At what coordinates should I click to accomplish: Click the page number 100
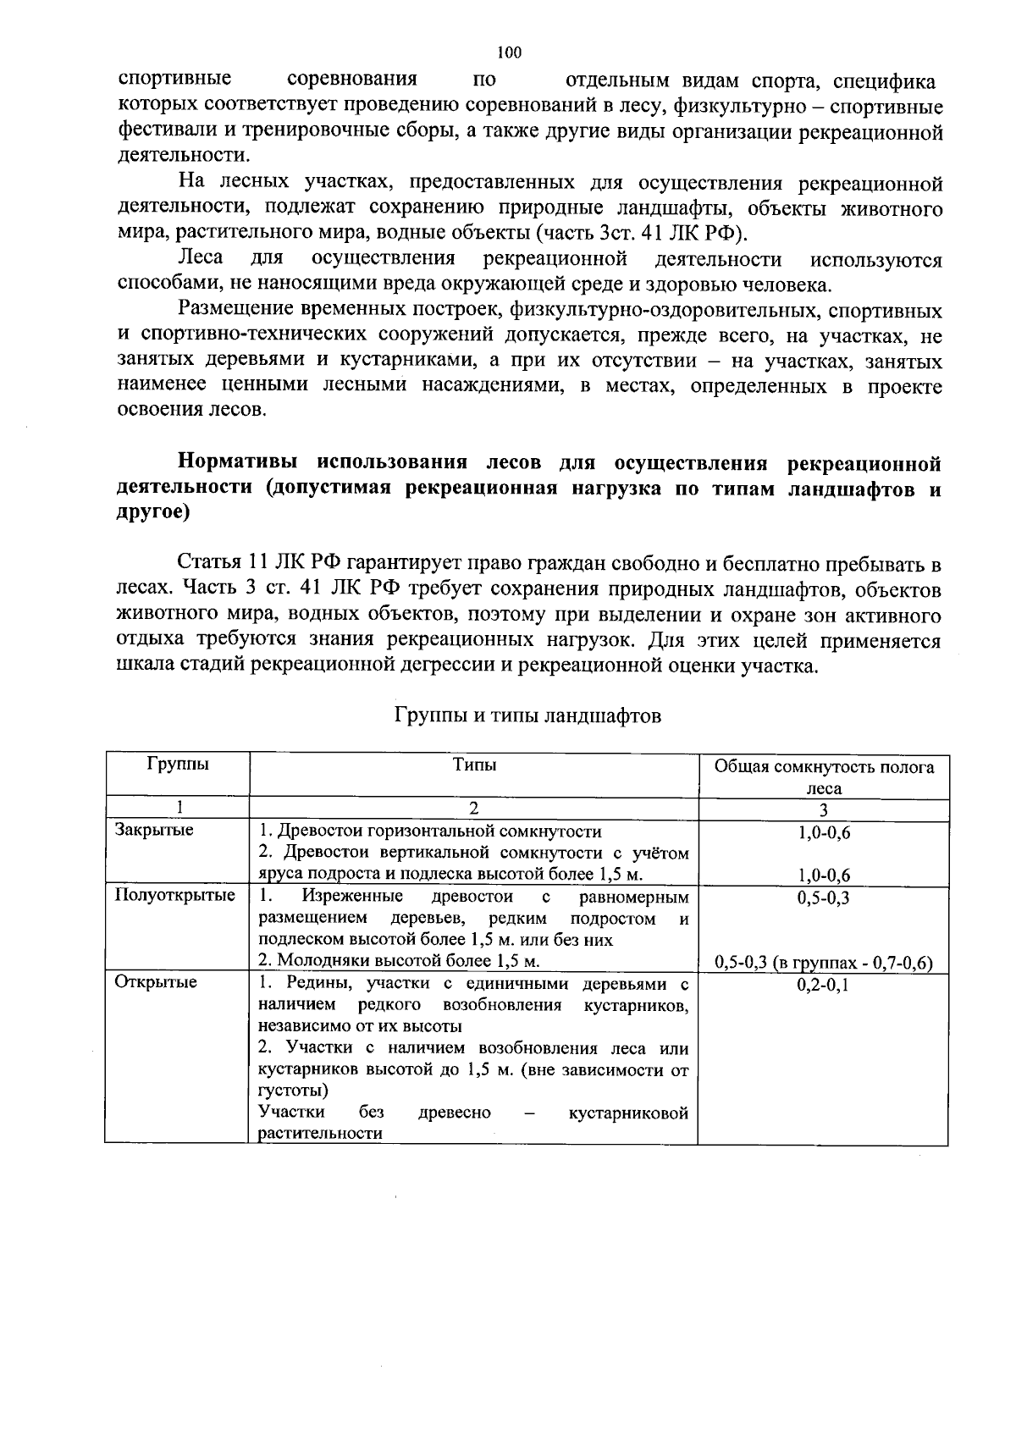pos(509,52)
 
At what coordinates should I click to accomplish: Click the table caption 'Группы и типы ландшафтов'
pos(527,716)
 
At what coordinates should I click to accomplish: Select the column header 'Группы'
pos(177,765)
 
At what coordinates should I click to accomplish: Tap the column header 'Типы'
pos(473,765)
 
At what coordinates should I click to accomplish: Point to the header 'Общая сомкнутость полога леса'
pos(823,776)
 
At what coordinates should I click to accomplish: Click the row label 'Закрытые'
pos(153,830)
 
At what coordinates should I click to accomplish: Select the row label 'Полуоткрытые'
pos(174,895)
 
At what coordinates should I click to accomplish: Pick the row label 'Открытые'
pos(156,982)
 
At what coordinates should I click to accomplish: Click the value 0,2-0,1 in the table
pos(823,985)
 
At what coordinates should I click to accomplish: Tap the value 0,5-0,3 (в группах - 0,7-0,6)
pos(823,963)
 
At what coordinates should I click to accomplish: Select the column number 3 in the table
pos(823,809)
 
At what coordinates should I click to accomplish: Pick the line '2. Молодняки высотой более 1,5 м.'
pos(399,961)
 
